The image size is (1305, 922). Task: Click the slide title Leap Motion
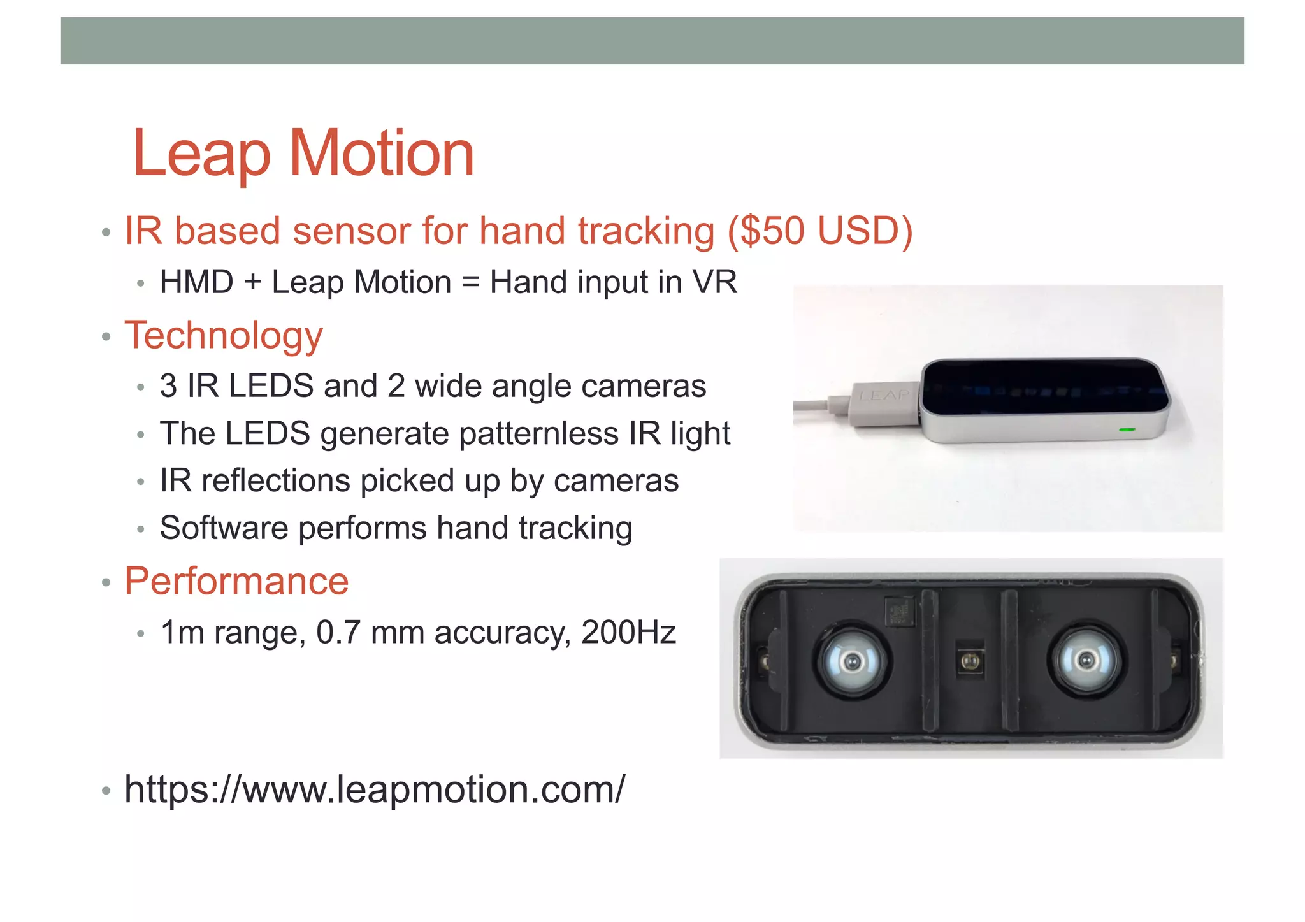[x=303, y=154]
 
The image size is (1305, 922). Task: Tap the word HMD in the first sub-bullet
[x=196, y=282]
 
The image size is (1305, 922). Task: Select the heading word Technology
[x=224, y=335]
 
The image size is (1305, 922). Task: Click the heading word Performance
[x=236, y=581]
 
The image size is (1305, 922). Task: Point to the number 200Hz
[x=628, y=633]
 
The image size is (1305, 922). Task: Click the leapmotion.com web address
[x=375, y=789]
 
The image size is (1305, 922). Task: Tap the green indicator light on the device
[x=1127, y=430]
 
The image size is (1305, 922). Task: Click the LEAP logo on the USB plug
[x=884, y=396]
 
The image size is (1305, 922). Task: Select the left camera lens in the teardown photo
[x=851, y=661]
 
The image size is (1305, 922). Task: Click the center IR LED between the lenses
[x=970, y=661]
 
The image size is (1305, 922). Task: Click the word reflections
[x=275, y=481]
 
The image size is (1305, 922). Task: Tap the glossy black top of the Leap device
[x=1045, y=385]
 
